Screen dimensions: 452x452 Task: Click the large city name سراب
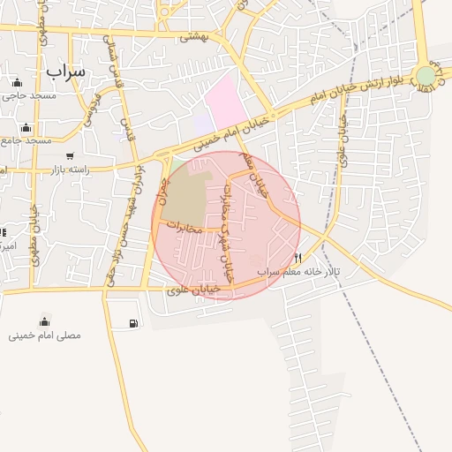(x=65, y=70)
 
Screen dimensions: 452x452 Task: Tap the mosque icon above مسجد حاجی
(x=18, y=82)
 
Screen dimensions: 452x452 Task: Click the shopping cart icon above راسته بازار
(x=70, y=156)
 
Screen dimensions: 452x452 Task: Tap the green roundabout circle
(x=426, y=76)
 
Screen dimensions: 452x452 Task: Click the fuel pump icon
(x=133, y=324)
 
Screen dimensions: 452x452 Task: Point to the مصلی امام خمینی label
(x=45, y=335)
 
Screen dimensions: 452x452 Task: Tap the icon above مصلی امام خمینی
(x=44, y=321)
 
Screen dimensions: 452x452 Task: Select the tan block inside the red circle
(x=186, y=195)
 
